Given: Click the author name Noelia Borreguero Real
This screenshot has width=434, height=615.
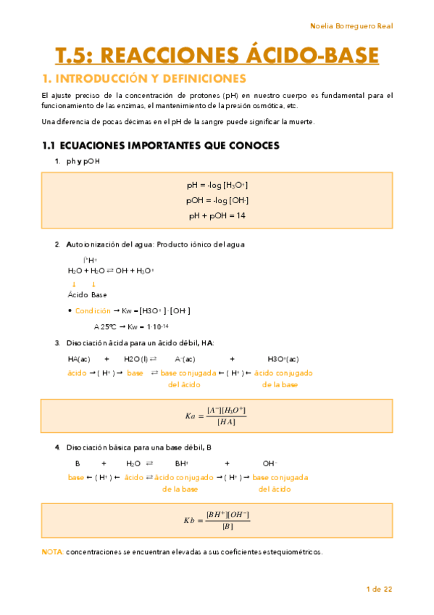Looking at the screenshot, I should coord(351,26).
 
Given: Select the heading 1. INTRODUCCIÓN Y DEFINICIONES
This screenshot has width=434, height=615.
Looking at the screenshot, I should coord(144,78).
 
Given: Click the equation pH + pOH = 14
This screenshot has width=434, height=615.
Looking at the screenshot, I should coord(217,215).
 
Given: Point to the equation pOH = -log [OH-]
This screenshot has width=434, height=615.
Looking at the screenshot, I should coord(217,200).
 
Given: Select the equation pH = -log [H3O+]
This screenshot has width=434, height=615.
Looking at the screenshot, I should coord(217,186).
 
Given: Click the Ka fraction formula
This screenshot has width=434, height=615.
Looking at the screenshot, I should coord(217,416).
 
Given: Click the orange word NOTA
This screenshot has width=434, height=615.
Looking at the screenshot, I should coord(52,552).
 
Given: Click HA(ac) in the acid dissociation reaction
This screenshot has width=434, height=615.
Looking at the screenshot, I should coord(79,359).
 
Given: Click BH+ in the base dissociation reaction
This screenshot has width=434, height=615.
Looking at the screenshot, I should coord(181,463).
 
